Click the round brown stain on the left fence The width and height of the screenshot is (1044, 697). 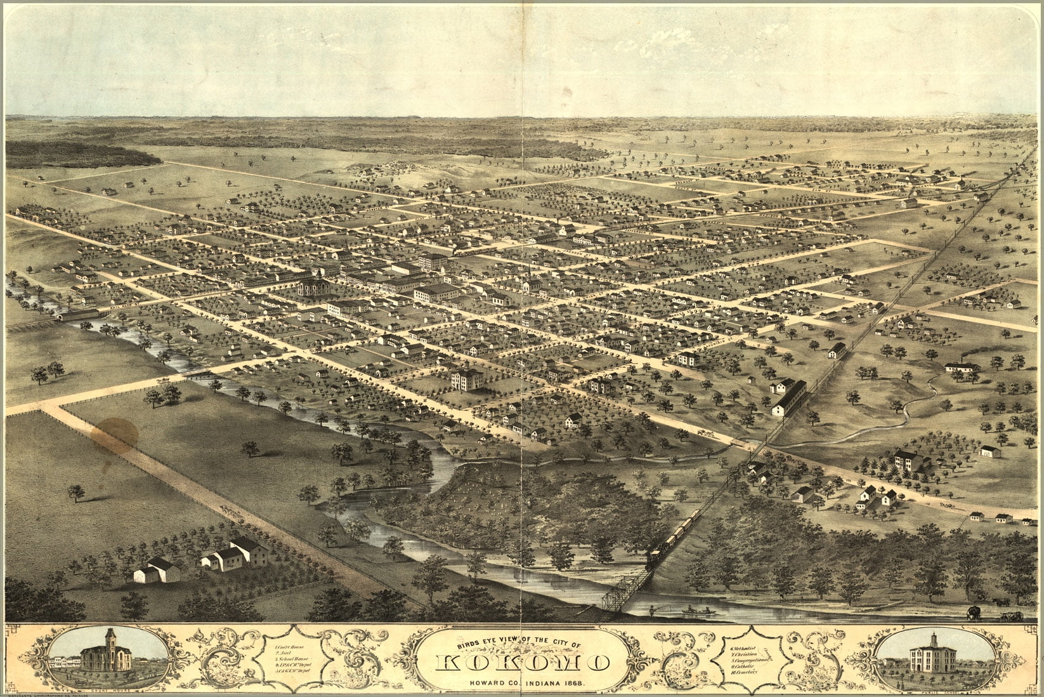click(x=112, y=434)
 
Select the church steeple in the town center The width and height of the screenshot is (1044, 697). click(x=527, y=279)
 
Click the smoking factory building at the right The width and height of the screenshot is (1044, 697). click(x=963, y=366)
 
